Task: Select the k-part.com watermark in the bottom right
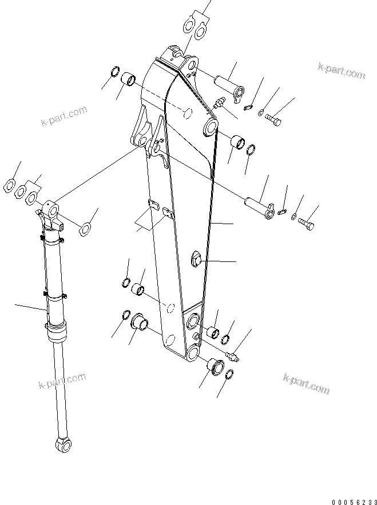(306, 383)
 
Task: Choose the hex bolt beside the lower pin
(306, 224)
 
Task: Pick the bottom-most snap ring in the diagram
(228, 375)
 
